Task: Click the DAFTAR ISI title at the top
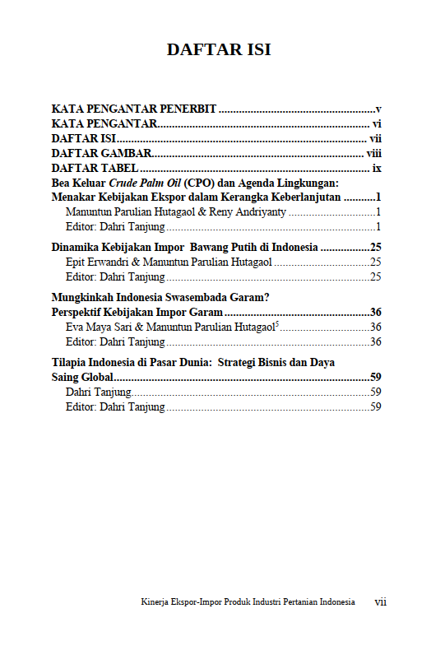pos(219,49)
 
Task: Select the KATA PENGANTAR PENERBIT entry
pos(133,109)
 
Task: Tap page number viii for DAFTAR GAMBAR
pos(373,153)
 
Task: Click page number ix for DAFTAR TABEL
pos(376,169)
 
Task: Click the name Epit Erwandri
pos(99,262)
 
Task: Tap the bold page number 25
pos(375,247)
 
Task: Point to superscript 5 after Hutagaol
pos(277,324)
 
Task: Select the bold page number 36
pos(375,313)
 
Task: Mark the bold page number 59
pos(375,377)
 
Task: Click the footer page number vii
pos(380,602)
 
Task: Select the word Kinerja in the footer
pos(155,602)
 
